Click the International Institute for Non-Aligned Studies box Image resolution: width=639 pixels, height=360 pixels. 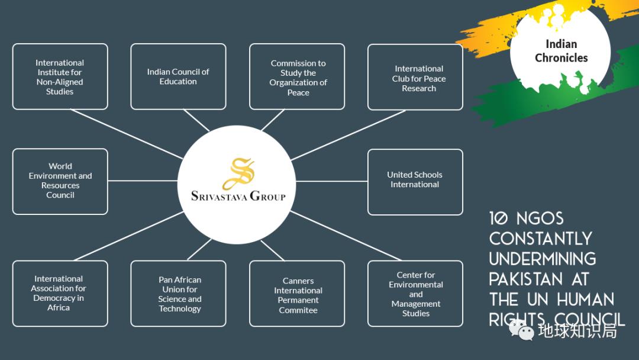60,77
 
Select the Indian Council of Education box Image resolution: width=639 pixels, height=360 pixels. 178,77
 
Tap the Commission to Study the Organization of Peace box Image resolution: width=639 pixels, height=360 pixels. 297,77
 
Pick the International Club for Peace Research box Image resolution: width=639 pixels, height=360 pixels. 415,78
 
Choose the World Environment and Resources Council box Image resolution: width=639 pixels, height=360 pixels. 60,181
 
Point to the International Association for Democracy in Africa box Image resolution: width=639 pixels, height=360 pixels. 60,293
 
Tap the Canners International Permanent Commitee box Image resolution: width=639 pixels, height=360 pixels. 297,294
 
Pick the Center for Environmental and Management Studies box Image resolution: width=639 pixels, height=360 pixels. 415,294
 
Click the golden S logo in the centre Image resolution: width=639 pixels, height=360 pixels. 238,173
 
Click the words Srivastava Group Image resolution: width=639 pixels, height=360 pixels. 238,196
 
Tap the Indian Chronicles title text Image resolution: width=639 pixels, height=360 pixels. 561,51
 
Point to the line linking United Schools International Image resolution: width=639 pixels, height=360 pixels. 331,181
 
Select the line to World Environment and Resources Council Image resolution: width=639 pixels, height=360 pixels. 143,181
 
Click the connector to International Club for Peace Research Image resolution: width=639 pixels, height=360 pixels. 349,135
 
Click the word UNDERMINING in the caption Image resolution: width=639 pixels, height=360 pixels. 543,259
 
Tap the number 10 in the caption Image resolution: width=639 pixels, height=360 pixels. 499,218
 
